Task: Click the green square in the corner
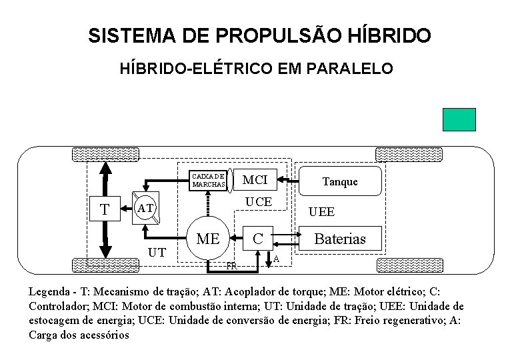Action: click(459, 119)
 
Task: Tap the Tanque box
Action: click(339, 181)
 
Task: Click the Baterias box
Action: click(339, 239)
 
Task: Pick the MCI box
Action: click(255, 180)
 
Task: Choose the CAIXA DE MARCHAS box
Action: click(209, 180)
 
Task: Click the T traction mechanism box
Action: click(105, 209)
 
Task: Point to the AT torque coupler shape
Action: click(146, 209)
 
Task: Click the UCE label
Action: click(258, 201)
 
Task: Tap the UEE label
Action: click(321, 212)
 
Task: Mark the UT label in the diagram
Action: click(157, 253)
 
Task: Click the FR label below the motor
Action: click(231, 266)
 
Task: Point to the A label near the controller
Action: click(276, 259)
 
